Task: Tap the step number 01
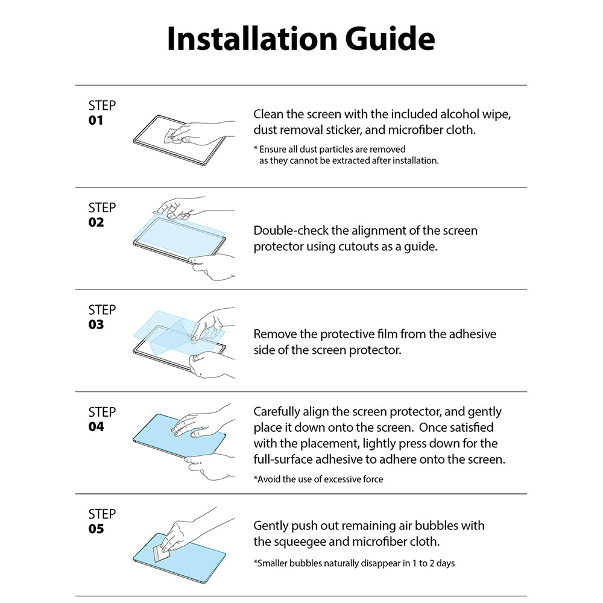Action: (96, 120)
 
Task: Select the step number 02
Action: (96, 222)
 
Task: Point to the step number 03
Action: (96, 324)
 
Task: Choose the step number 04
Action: (96, 426)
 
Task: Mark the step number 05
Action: (96, 529)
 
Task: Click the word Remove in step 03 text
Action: (274, 333)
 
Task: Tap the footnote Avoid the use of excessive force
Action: (318, 479)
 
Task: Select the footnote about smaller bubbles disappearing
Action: (354, 563)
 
